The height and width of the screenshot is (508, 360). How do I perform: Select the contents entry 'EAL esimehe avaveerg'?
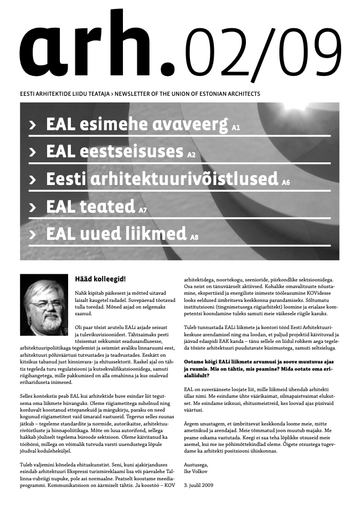tap(137, 124)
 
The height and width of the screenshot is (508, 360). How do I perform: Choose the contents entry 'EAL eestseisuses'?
tap(115, 151)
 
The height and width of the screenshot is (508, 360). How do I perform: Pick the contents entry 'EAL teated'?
tap(91, 207)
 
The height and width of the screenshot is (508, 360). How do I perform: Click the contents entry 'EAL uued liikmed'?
tap(116, 234)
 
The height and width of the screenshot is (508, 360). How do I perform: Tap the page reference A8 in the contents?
tap(194, 238)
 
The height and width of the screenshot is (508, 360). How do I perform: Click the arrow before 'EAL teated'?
tap(34, 208)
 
